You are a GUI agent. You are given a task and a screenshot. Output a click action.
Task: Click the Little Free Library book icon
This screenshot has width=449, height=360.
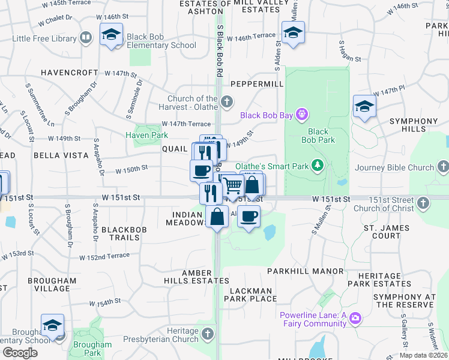click(86, 38)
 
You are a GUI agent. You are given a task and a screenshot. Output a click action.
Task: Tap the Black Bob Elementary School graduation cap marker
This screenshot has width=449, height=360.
click(111, 35)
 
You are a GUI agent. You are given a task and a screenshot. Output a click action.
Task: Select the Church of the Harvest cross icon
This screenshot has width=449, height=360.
click(227, 103)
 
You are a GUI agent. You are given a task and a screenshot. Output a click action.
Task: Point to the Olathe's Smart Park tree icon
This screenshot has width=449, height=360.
click(317, 166)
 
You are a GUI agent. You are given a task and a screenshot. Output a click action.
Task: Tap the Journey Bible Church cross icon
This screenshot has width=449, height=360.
click(442, 167)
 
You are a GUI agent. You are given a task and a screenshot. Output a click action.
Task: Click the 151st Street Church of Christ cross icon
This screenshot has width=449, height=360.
click(423, 203)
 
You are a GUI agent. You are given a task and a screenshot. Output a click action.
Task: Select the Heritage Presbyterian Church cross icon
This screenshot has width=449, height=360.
click(208, 333)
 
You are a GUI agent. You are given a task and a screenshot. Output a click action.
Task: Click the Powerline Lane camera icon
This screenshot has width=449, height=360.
click(355, 317)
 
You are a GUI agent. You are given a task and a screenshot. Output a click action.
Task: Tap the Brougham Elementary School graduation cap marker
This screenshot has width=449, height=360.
click(52, 326)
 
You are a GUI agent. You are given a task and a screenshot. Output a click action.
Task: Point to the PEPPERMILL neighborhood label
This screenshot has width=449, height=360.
click(256, 84)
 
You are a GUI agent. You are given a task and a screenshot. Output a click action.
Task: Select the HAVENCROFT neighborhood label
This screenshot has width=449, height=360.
click(69, 73)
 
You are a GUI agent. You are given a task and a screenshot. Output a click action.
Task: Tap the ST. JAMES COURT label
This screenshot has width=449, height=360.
click(387, 232)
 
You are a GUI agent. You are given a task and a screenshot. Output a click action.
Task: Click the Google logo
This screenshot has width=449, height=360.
click(20, 353)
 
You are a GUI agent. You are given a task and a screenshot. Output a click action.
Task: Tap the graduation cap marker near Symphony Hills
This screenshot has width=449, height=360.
click(364, 107)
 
